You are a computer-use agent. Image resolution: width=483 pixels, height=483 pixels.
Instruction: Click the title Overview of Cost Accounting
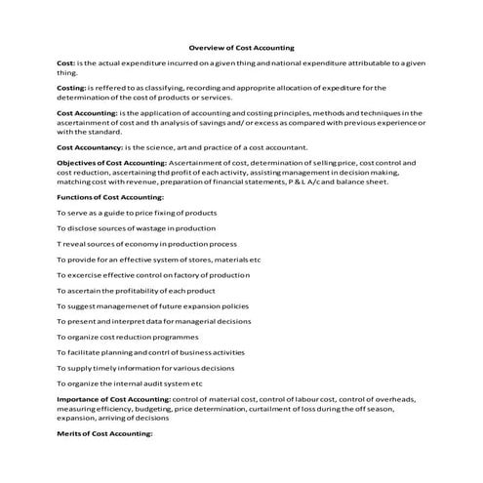tap(240, 47)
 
